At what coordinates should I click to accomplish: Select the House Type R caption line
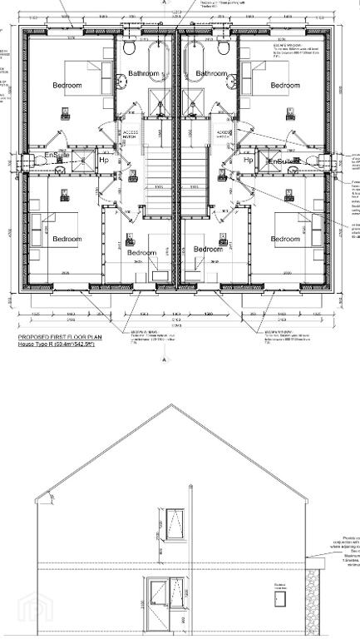coord(57,344)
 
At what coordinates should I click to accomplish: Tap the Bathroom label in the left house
coord(143,74)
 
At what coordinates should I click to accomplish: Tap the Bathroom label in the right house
coord(211,74)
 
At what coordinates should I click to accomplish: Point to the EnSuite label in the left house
coord(57,156)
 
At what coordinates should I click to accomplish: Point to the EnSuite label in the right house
coord(280,161)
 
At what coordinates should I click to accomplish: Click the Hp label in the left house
coord(104,160)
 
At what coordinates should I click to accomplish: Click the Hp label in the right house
coord(248,160)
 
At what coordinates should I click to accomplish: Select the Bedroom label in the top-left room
coord(67,86)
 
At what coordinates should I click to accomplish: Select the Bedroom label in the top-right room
coord(284,86)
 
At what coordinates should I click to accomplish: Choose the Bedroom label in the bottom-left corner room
coord(67,240)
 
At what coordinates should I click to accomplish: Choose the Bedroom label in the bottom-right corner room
coord(284,240)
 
